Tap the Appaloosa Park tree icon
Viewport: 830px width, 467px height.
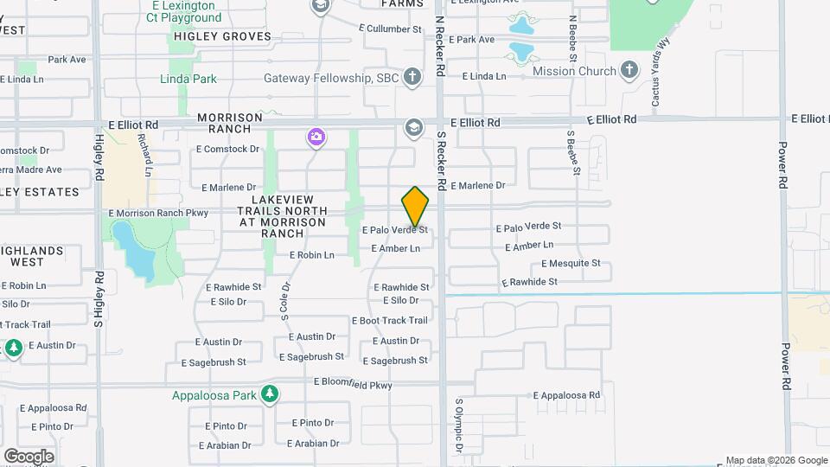click(x=270, y=395)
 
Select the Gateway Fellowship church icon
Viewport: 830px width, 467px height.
click(x=413, y=78)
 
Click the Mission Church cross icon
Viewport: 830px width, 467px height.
click(x=630, y=71)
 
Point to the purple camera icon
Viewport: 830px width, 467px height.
click(x=316, y=137)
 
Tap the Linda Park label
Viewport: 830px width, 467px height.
click(x=188, y=79)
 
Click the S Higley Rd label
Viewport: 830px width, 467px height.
click(x=99, y=299)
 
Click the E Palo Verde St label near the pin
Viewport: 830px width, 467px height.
click(x=394, y=230)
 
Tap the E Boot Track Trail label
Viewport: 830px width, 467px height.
click(x=390, y=320)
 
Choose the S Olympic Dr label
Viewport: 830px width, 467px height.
click(x=459, y=425)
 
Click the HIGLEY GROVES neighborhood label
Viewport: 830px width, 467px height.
click(x=222, y=36)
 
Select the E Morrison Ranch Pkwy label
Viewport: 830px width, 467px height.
click(x=159, y=213)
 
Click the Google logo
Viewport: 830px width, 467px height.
click(x=29, y=456)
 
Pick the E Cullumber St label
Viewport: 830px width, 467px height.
click(x=391, y=29)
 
